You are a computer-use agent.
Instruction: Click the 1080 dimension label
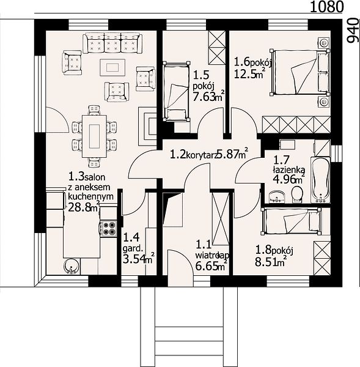(326, 7)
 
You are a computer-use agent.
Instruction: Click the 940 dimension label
(353, 31)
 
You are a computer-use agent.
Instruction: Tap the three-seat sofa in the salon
(112, 43)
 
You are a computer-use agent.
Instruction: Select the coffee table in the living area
(112, 67)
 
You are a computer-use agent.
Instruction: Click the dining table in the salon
(94, 136)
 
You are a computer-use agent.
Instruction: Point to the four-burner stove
(108, 228)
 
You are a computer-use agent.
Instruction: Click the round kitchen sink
(72, 266)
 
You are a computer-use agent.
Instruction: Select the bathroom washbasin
(277, 196)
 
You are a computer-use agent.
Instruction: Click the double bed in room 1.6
(300, 72)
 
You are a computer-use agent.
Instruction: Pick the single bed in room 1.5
(177, 91)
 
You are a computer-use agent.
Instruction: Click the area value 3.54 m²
(138, 259)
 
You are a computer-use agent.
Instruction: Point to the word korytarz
(201, 155)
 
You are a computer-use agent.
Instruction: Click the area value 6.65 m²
(211, 265)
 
